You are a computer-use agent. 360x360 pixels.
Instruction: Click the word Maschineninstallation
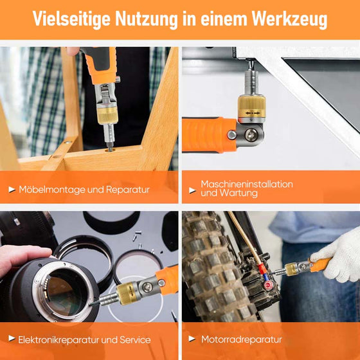click(247, 184)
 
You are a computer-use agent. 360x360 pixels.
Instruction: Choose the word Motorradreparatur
click(241, 339)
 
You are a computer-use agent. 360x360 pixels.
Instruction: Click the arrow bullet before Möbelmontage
click(12, 190)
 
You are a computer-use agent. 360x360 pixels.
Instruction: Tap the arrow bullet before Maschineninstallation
click(193, 189)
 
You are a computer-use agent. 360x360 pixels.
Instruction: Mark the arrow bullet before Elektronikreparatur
click(12, 339)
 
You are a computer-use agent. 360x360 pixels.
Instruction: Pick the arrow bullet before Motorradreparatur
click(193, 339)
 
